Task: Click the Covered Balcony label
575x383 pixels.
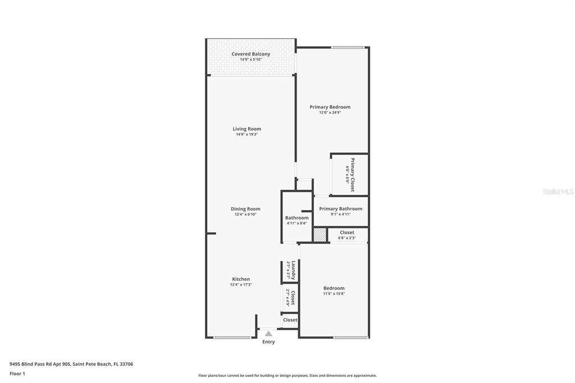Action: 250,54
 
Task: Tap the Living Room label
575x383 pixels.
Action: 247,129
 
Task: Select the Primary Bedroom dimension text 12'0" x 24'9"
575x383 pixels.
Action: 330,112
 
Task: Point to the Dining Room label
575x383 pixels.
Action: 245,209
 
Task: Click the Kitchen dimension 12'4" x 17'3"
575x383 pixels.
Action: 241,285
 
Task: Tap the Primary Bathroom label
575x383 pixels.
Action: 340,209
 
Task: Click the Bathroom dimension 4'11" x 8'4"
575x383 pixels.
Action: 296,224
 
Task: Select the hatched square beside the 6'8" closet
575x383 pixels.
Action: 320,235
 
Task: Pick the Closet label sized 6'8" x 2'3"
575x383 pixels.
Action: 346,232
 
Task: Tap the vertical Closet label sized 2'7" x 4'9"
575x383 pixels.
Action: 292,297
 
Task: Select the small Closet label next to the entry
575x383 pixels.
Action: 290,320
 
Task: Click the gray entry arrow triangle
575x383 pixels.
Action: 268,334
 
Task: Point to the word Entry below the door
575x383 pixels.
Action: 268,342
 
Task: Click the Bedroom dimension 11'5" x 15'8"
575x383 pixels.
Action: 334,294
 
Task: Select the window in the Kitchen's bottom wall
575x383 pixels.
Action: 232,338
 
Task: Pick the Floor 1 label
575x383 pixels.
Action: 17,373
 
